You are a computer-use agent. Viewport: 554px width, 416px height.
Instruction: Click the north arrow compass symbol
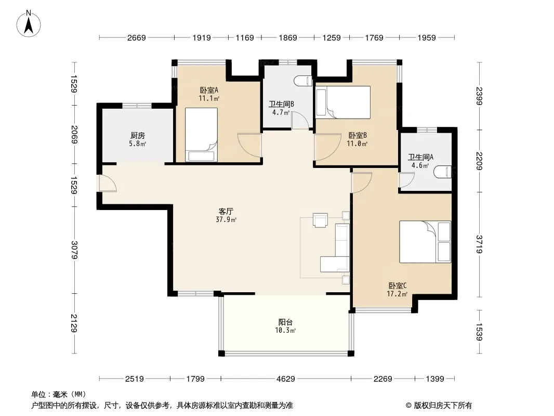29,24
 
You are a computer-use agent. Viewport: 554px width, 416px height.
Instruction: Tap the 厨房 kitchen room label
137,135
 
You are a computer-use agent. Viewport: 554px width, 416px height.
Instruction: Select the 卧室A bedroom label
209,90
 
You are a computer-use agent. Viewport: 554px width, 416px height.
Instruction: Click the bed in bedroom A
201,135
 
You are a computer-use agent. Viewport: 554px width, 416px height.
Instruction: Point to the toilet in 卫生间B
303,81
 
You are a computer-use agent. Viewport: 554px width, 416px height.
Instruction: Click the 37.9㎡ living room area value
226,219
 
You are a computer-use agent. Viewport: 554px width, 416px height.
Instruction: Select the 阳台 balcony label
285,322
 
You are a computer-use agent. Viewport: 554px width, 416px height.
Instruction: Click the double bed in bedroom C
425,242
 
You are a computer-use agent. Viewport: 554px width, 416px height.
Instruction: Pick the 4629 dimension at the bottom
285,379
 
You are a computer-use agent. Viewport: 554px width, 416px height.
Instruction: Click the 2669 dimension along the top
136,37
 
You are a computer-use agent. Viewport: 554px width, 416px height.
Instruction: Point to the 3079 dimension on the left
74,250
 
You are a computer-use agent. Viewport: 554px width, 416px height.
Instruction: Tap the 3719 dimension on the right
479,244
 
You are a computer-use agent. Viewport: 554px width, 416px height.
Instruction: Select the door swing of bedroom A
249,145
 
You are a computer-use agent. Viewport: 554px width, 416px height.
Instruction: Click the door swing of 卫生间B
300,120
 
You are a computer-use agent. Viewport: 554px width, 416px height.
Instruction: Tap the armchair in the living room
320,220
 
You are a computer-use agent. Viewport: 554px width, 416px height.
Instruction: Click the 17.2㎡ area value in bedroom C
397,294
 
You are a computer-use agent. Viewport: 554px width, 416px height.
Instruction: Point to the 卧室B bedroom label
358,135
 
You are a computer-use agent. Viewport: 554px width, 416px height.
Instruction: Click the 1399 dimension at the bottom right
434,379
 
